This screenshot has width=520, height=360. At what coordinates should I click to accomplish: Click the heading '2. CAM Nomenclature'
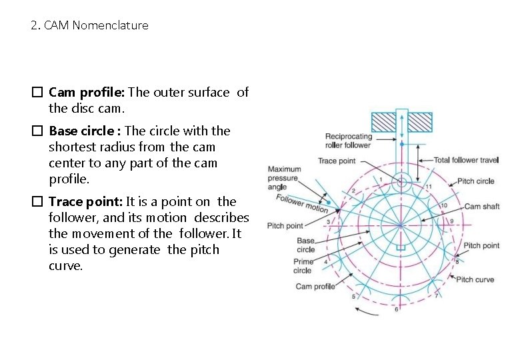(89, 26)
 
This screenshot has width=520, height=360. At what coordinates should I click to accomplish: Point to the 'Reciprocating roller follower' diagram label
(347, 141)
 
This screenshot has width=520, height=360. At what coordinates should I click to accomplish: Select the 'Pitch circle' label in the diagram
(475, 181)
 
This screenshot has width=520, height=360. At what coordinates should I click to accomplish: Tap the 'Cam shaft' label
(481, 207)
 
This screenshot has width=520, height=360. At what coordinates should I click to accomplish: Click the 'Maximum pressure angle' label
(284, 178)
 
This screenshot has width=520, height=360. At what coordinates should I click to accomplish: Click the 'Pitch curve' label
(475, 280)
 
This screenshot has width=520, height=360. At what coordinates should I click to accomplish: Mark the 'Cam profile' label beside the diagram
(315, 287)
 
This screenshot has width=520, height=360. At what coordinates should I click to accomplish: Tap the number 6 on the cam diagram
(397, 309)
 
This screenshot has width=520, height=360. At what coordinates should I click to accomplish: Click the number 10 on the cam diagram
(444, 205)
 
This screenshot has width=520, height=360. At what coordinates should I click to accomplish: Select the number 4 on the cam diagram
(325, 263)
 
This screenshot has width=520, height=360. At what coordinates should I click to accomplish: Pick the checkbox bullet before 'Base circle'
(37, 131)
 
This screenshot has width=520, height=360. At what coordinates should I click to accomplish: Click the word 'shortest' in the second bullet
(70, 147)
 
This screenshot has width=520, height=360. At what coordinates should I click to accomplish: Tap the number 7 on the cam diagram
(436, 296)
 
